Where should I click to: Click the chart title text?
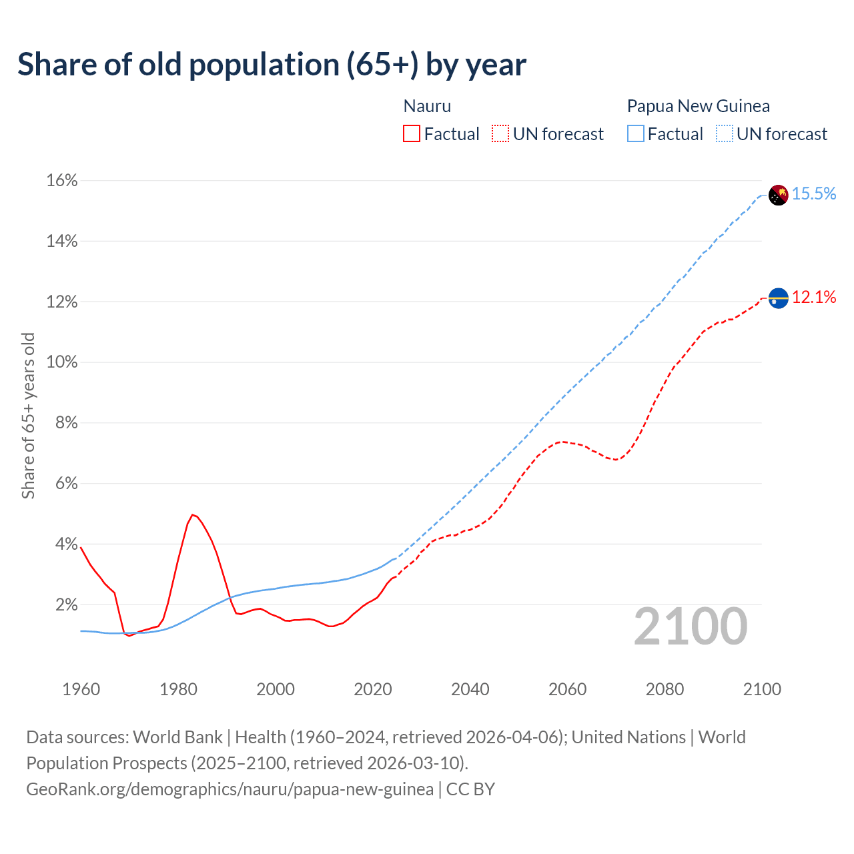click(272, 65)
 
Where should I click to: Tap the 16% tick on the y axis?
click(62, 181)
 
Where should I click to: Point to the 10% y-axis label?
click(62, 362)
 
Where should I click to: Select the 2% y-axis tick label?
click(65, 604)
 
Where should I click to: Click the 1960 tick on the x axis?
click(81, 689)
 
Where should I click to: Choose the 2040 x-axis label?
click(470, 689)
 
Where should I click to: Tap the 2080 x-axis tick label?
click(665, 689)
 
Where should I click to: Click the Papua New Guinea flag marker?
click(778, 195)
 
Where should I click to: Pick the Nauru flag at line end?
click(778, 298)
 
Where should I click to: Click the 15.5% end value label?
click(814, 194)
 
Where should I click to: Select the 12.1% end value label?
click(814, 298)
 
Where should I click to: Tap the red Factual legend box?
click(412, 134)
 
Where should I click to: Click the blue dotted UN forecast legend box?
click(725, 134)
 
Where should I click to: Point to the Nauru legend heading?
click(427, 106)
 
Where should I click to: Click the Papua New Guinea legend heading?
click(698, 106)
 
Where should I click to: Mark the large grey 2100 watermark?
click(691, 626)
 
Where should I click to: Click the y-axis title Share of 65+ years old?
click(28, 415)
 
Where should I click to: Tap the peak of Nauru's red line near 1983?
click(192, 514)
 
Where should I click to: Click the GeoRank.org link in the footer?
click(230, 789)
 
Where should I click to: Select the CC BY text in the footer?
click(470, 789)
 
